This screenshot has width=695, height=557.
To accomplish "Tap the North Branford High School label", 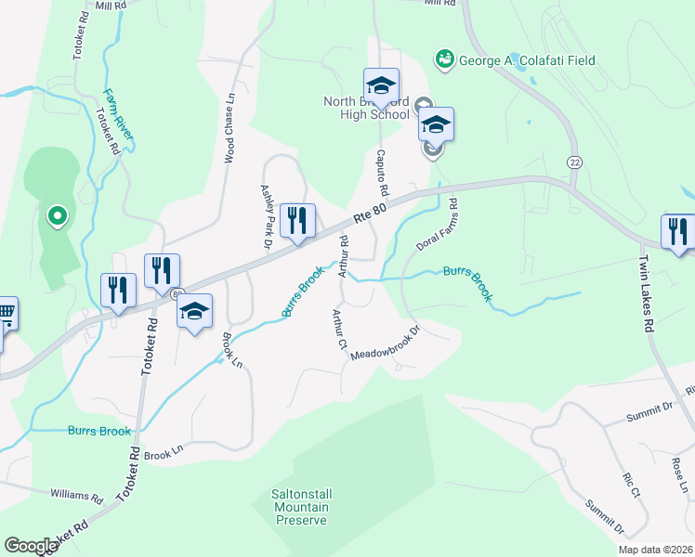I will pyautogui.click(x=365, y=108).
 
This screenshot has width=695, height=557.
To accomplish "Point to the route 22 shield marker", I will pyautogui.click(x=576, y=162).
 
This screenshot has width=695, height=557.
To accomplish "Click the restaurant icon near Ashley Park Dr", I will pyautogui.click(x=297, y=221).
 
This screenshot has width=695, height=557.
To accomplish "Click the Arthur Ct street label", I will pyautogui.click(x=335, y=330).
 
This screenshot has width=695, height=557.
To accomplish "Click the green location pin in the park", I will pyautogui.click(x=56, y=217).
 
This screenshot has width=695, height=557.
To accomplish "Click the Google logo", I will pyautogui.click(x=31, y=545).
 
